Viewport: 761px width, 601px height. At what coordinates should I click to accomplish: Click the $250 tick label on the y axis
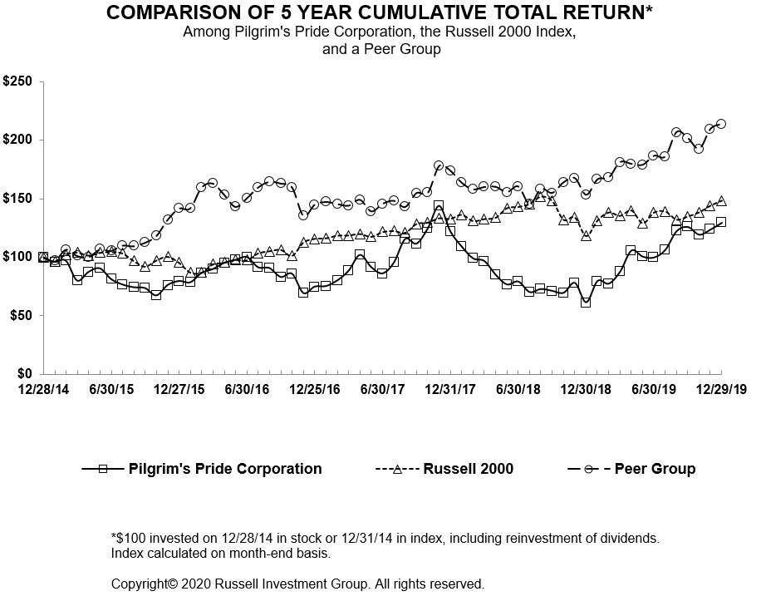pyautogui.click(x=18, y=81)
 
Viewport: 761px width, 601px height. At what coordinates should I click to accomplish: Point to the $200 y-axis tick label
pyautogui.click(x=18, y=140)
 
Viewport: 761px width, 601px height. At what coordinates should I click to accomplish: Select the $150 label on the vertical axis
pyautogui.click(x=18, y=199)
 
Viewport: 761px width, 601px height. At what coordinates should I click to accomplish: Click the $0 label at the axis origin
pyautogui.click(x=25, y=374)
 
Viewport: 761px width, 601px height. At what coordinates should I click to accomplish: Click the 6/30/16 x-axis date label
pyautogui.click(x=248, y=389)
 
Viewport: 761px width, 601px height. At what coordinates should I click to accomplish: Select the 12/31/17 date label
pyautogui.click(x=452, y=389)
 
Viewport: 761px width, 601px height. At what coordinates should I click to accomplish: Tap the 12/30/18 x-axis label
pyautogui.click(x=587, y=389)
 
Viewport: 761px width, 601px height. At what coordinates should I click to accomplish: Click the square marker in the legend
pyautogui.click(x=103, y=469)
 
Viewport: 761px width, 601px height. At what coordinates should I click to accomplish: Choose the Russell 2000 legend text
pyautogui.click(x=468, y=469)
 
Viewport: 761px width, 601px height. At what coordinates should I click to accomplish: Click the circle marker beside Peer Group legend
pyautogui.click(x=588, y=469)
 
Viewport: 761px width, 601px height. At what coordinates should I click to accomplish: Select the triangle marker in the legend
pyautogui.click(x=397, y=469)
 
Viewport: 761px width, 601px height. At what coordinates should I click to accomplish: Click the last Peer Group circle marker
pyautogui.click(x=721, y=124)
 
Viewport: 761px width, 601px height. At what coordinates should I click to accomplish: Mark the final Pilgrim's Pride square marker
pyautogui.click(x=721, y=222)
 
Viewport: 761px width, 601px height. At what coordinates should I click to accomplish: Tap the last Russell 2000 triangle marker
pyautogui.click(x=721, y=200)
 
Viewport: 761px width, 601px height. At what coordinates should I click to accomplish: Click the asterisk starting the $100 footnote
pyautogui.click(x=114, y=536)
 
